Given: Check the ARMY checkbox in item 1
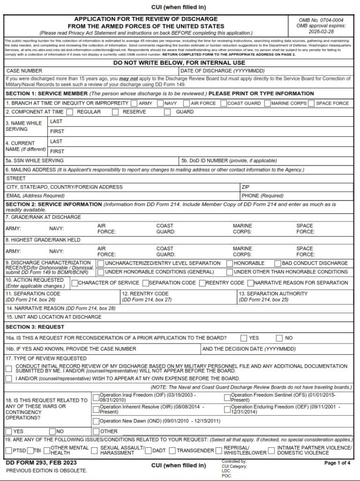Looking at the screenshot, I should click(134, 103).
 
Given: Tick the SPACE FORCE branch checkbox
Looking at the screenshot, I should click(311, 103).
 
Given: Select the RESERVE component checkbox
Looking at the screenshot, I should click(115, 112).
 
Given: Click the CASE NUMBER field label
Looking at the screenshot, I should click(24, 70).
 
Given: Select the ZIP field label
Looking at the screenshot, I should click(246, 187).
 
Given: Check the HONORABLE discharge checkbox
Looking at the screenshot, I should click(230, 263).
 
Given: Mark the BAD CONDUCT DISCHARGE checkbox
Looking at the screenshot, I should click(278, 263).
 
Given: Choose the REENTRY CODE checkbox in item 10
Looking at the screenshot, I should click(202, 283).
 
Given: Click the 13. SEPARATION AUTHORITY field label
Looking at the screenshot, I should click(273, 293).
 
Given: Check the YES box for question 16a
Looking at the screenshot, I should click(244, 338).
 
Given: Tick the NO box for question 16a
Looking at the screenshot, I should click(279, 338).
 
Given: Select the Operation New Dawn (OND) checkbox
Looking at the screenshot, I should click(96, 421).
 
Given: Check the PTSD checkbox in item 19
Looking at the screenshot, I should click(9, 451).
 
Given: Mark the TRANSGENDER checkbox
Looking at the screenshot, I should click(172, 451).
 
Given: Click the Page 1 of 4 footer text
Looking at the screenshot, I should click(337, 463).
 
